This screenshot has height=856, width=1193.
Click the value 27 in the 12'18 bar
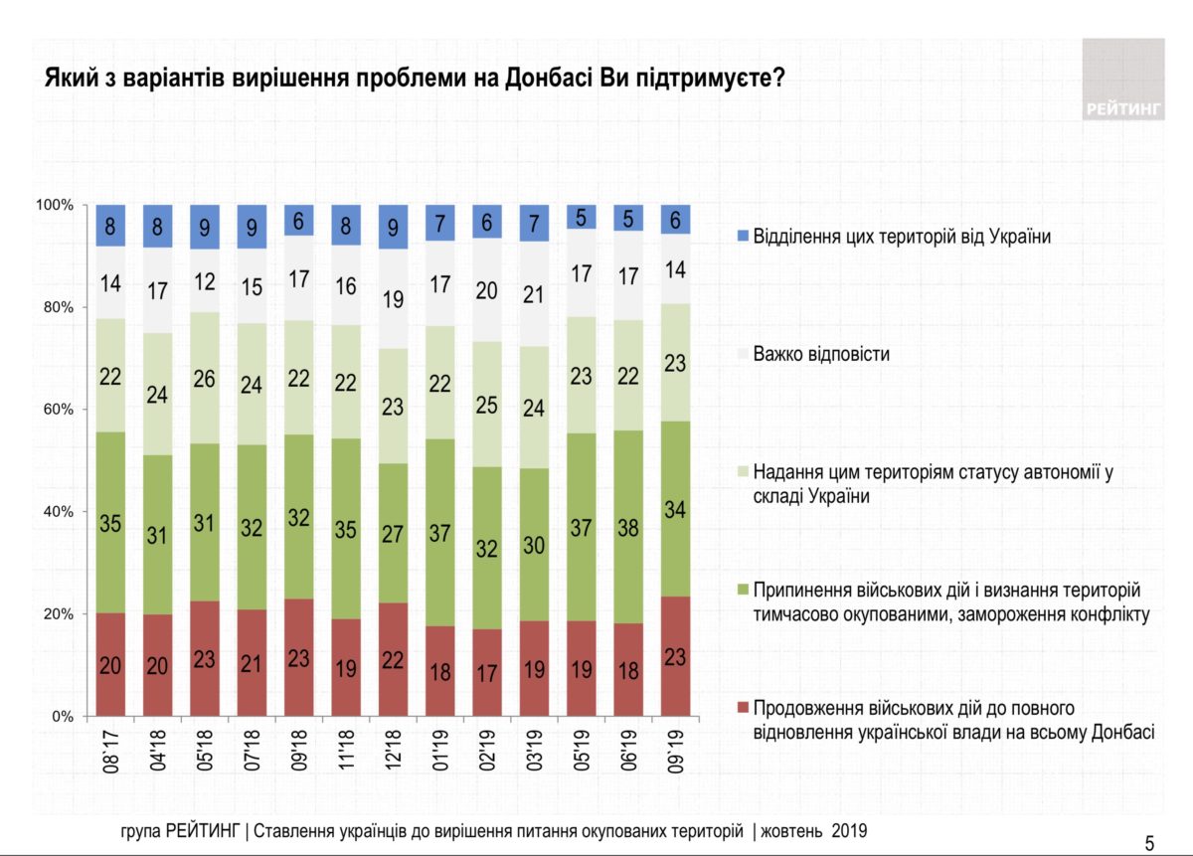pyautogui.click(x=394, y=533)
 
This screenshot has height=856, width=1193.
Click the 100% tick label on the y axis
pyautogui.click(x=56, y=205)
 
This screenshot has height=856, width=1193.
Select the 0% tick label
pyautogui.click(x=62, y=716)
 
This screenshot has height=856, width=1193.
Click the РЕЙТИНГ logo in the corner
pyautogui.click(x=1123, y=80)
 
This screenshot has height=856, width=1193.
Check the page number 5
pyautogui.click(x=1149, y=844)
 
